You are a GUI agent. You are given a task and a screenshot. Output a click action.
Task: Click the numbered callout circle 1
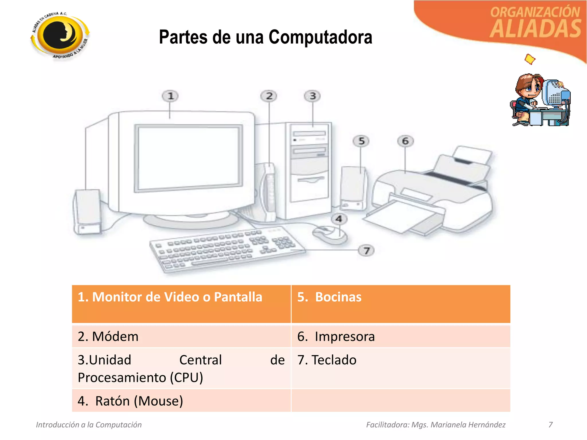[x=170, y=96]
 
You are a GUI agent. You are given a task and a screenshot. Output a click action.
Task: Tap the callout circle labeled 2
[x=269, y=96]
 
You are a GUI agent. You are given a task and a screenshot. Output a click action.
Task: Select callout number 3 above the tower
[x=312, y=96]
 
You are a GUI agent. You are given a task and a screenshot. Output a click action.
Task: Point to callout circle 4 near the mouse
[x=339, y=219]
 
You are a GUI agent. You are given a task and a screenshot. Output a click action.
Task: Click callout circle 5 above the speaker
[x=361, y=141]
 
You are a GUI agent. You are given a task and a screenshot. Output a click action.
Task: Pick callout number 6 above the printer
[x=405, y=141]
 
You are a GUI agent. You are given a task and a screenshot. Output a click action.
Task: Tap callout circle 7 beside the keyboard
[x=366, y=251]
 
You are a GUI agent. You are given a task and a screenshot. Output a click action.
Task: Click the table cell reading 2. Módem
[x=181, y=336]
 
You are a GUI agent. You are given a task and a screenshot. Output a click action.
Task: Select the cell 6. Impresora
[x=400, y=336]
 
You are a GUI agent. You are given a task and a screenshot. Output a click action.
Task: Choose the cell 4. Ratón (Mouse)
[x=181, y=401]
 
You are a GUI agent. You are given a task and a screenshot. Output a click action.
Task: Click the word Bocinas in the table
[x=338, y=297]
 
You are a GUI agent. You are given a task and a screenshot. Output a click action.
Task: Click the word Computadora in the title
[x=320, y=37]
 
